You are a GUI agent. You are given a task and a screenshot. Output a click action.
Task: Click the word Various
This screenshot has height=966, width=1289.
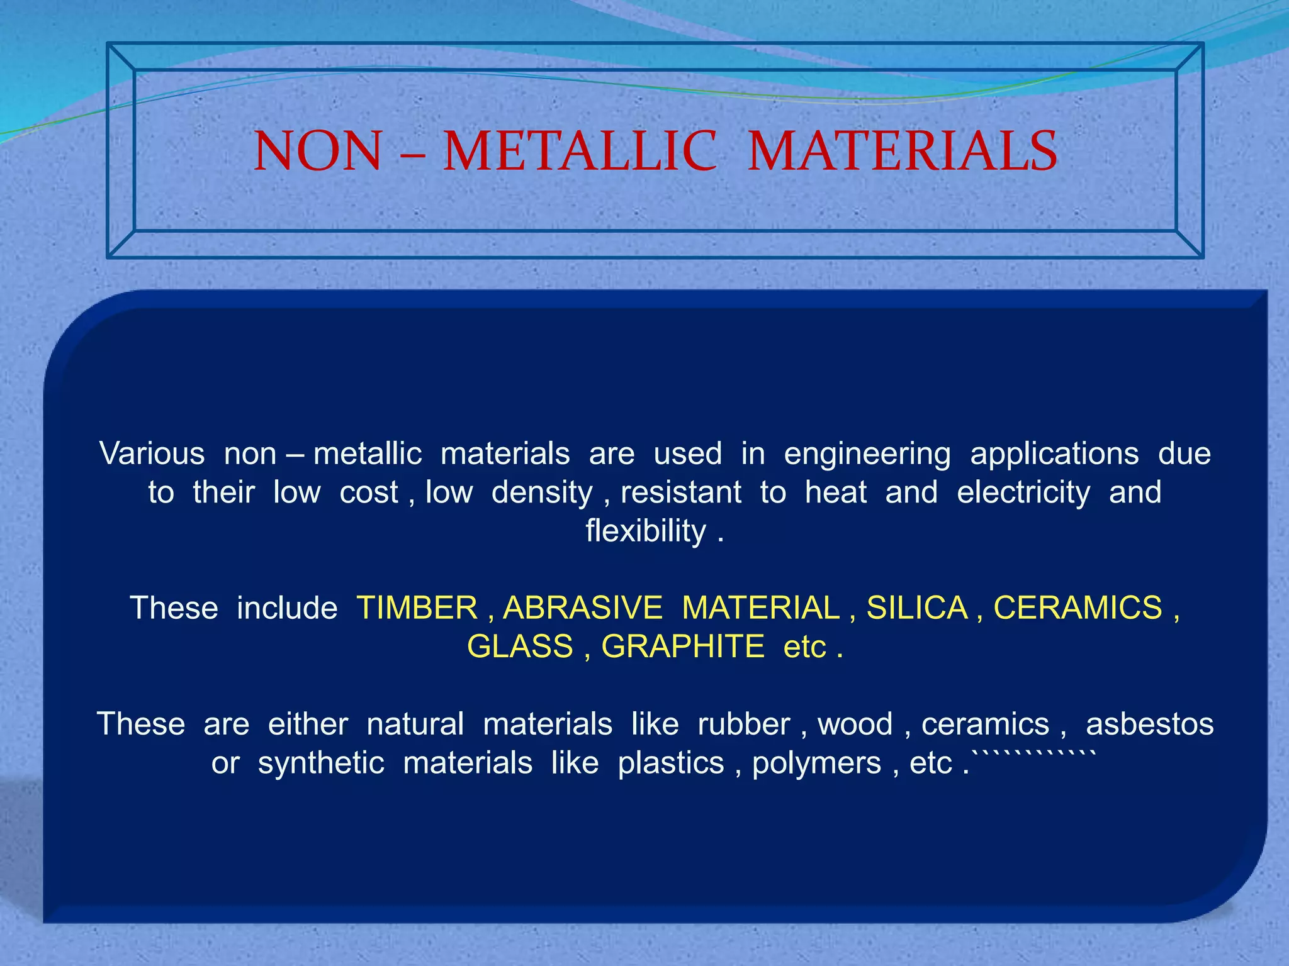pyautogui.click(x=152, y=453)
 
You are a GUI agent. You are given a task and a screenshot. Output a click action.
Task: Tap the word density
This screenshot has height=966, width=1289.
pyautogui.click(x=542, y=492)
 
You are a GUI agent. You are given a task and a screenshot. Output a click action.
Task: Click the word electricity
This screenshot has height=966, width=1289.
pyautogui.click(x=1023, y=492)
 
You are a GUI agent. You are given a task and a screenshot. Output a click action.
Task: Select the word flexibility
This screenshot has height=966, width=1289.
pyautogui.click(x=646, y=531)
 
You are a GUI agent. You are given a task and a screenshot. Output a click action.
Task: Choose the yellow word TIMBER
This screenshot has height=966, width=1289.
pyautogui.click(x=417, y=608)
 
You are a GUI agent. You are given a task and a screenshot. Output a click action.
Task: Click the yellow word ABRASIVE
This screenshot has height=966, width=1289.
pyautogui.click(x=583, y=608)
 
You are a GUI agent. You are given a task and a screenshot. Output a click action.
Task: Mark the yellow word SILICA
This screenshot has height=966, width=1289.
pyautogui.click(x=917, y=608)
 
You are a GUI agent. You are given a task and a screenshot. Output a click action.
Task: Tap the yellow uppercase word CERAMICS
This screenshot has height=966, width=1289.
pyautogui.click(x=1078, y=608)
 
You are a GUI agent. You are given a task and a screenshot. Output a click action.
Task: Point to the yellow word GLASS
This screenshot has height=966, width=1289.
pyautogui.click(x=520, y=647)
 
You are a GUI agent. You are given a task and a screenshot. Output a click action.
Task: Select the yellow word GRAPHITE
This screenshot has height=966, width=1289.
pyautogui.click(x=683, y=647)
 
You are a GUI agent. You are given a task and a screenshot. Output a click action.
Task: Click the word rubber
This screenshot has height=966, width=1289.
pyautogui.click(x=743, y=724)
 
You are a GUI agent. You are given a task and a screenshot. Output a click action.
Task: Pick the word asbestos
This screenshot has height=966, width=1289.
pyautogui.click(x=1149, y=724)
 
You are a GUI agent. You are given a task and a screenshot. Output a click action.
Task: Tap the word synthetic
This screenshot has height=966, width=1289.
pyautogui.click(x=321, y=763)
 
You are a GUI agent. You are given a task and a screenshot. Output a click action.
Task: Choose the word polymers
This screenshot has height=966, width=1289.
pyautogui.click(x=816, y=763)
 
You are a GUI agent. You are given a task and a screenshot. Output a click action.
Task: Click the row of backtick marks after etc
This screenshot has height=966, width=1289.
pyautogui.click(x=1035, y=753)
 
